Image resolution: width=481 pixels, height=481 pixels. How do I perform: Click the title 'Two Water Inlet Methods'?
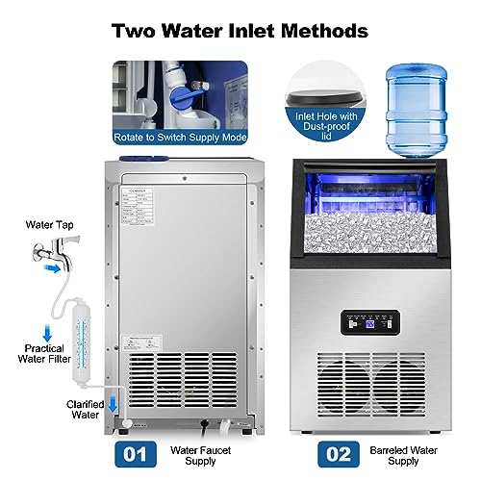pyautogui.click(x=240, y=30)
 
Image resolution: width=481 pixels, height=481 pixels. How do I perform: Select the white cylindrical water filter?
pyautogui.click(x=74, y=318)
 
